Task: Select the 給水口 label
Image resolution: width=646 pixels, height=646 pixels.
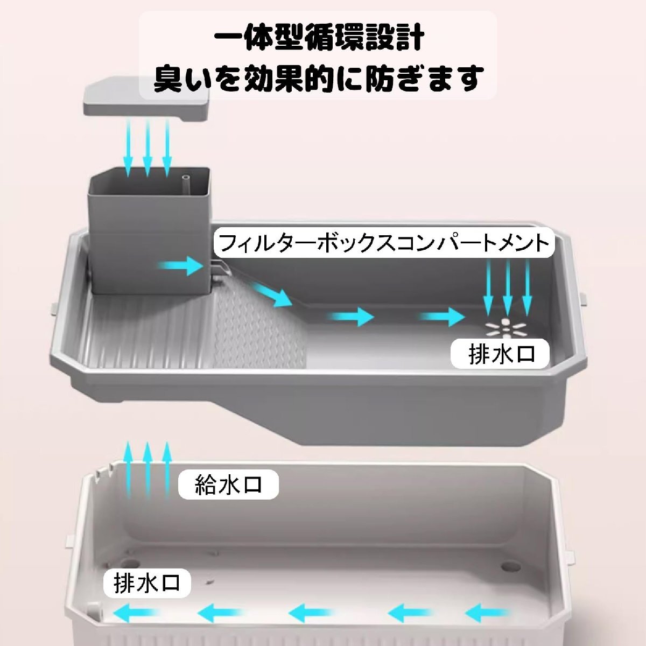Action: tap(228, 485)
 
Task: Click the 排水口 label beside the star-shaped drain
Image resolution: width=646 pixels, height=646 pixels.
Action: tap(500, 354)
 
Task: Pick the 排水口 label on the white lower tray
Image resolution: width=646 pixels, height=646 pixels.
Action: tap(146, 582)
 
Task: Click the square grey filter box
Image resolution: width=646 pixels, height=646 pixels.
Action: tap(150, 231)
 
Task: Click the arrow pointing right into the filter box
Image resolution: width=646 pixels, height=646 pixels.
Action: tap(180, 266)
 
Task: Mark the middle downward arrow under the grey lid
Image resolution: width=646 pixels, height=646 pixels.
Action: tap(148, 149)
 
